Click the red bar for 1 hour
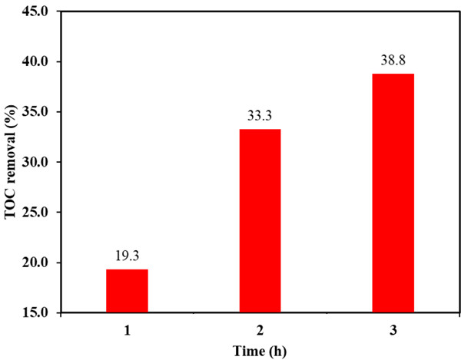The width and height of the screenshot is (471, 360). [127, 291]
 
